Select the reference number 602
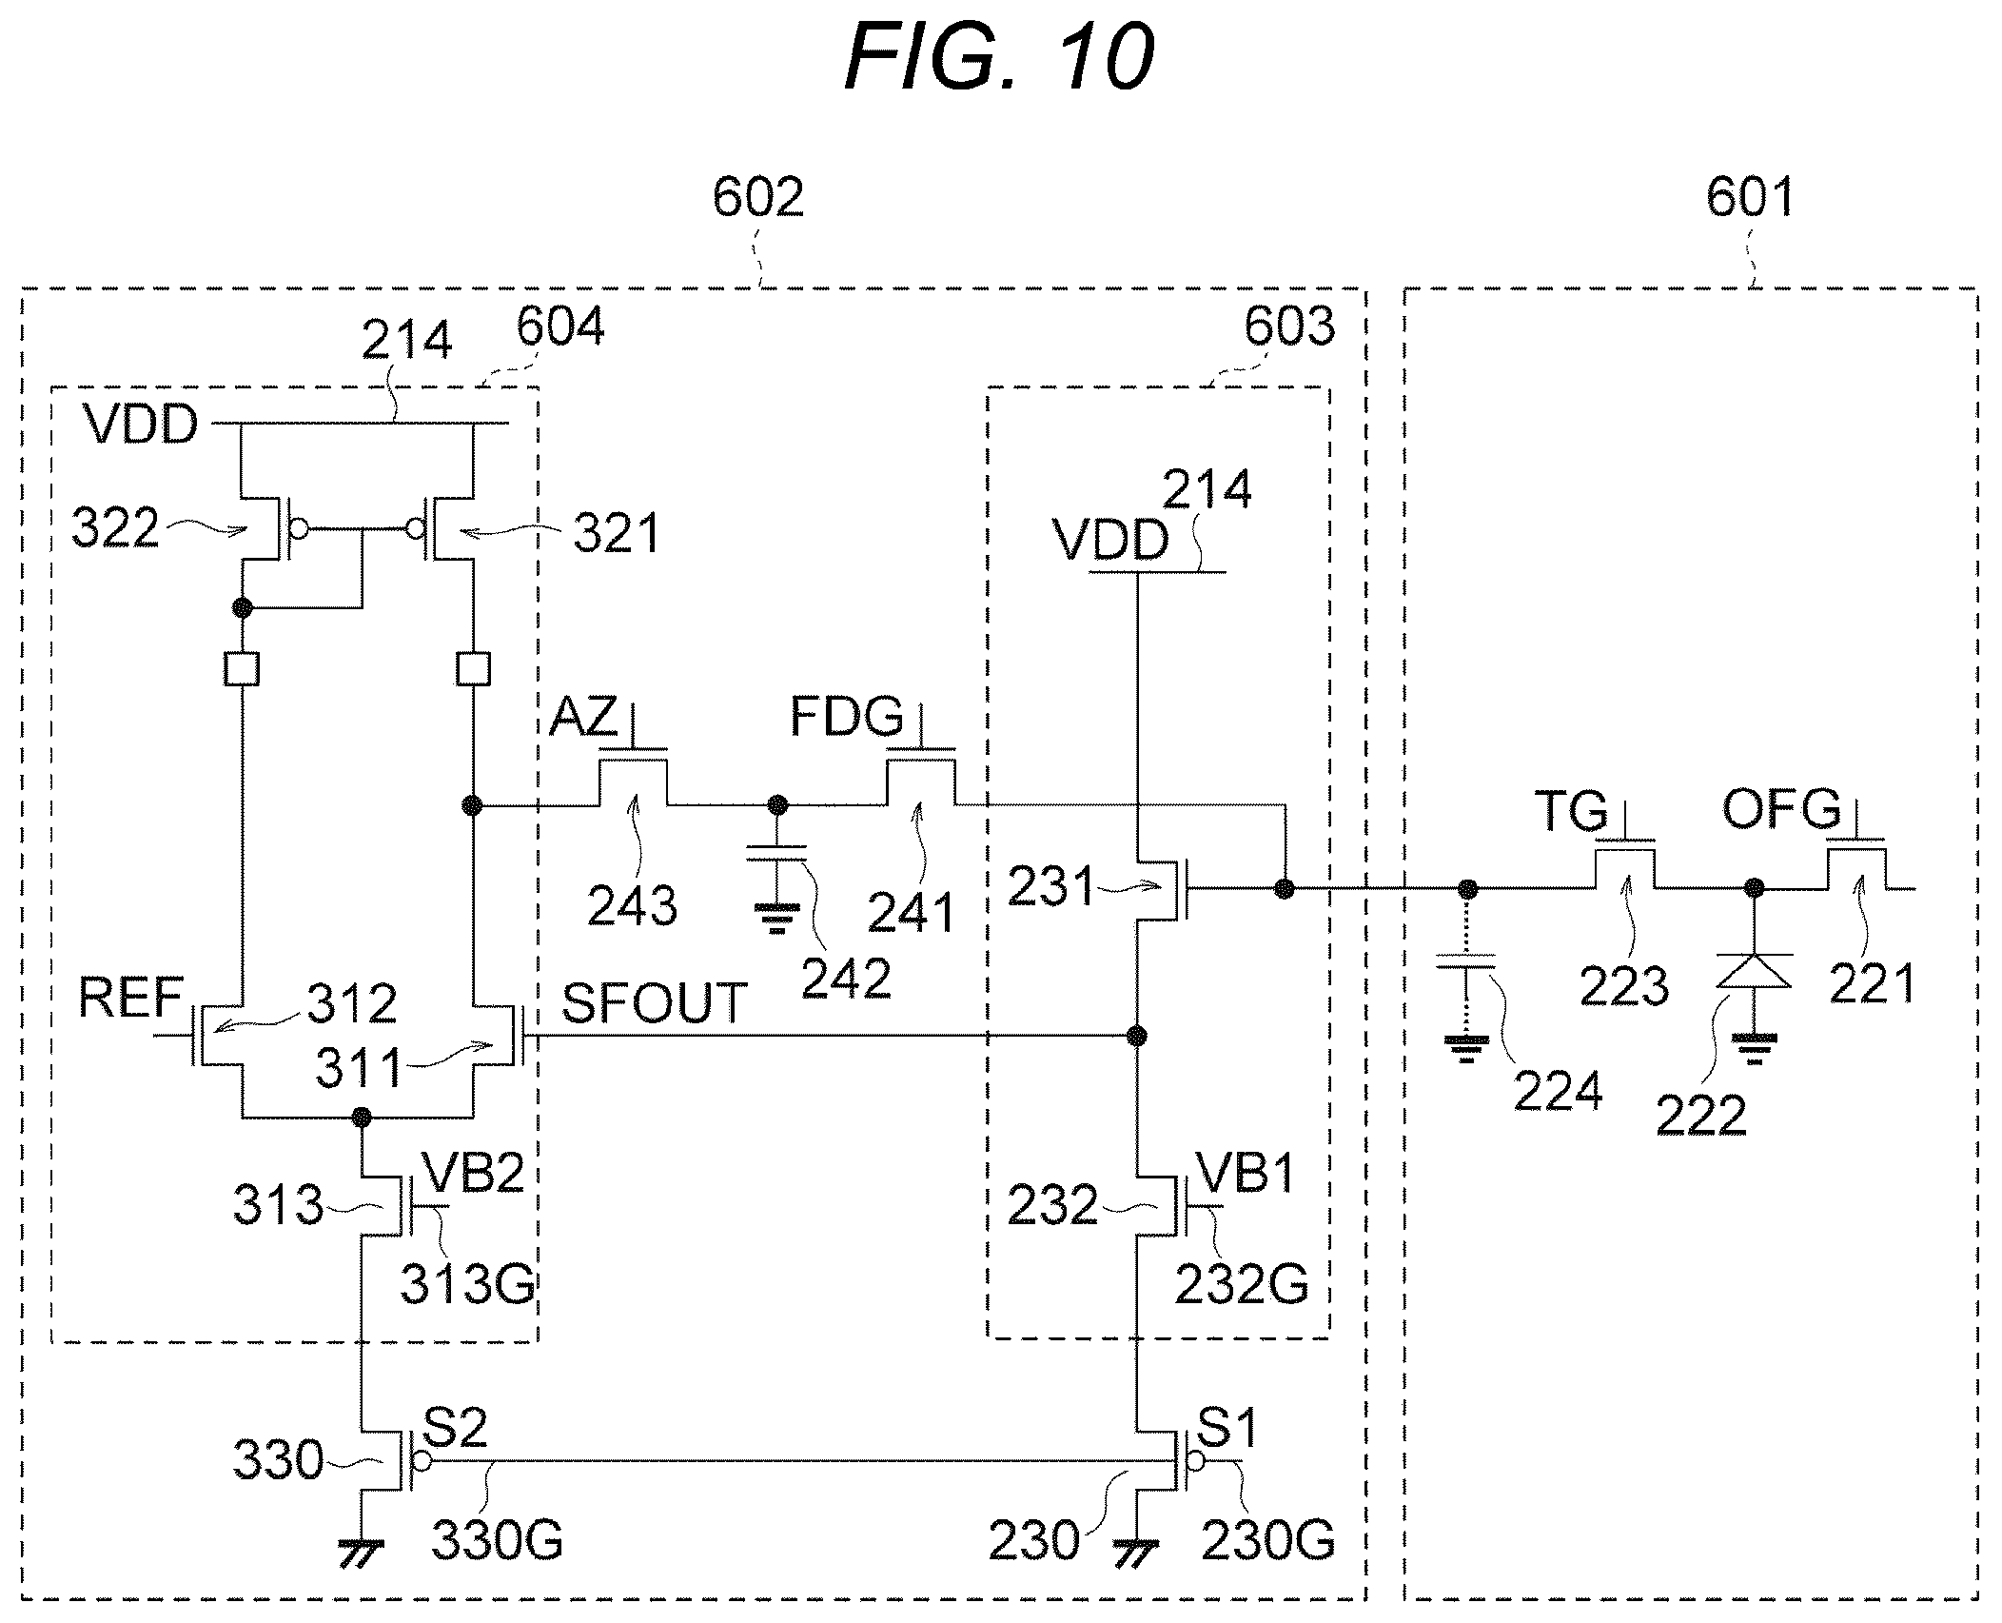pyautogui.click(x=758, y=198)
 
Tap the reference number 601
pyautogui.click(x=1751, y=198)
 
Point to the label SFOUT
pyautogui.click(x=654, y=1003)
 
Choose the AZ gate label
pyautogui.click(x=583, y=716)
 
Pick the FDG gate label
pyautogui.click(x=847, y=716)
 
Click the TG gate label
pyautogui.click(x=1571, y=811)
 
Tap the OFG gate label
pyautogui.click(x=1781, y=809)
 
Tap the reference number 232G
pyautogui.click(x=1242, y=1284)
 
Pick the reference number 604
pyautogui.click(x=560, y=327)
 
